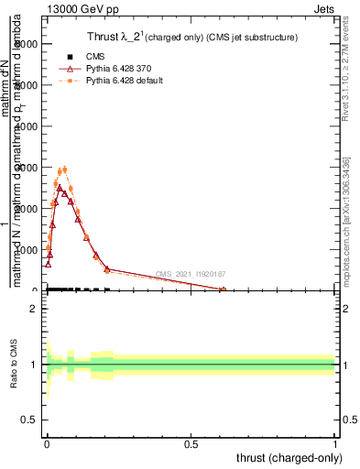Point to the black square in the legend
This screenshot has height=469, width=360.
tap(69, 55)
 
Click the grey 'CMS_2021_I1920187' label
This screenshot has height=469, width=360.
tap(191, 274)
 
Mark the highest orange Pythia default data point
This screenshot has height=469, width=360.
tap(63, 169)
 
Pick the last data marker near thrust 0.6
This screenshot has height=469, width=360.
tap(223, 289)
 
